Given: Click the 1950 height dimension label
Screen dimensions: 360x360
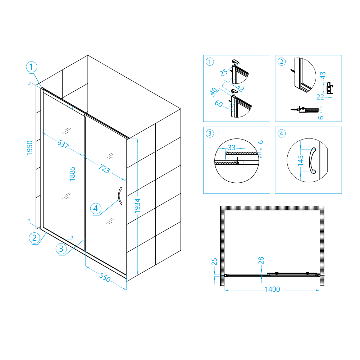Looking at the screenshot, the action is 29,148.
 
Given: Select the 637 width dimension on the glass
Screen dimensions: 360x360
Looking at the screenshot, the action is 63,144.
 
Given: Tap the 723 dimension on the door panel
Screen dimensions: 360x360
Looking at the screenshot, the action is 104,169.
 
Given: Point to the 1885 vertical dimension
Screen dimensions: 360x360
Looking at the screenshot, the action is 72,174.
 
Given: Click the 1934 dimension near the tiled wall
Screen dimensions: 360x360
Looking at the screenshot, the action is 137,206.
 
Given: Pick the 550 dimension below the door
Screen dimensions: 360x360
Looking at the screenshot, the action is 105,277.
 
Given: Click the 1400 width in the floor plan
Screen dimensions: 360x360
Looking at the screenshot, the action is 273,289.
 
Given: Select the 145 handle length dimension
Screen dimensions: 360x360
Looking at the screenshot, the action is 301,160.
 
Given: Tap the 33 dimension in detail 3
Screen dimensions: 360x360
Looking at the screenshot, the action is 232,147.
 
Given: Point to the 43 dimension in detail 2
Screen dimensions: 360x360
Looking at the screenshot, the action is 323,75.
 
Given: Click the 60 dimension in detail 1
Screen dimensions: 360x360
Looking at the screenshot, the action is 219,104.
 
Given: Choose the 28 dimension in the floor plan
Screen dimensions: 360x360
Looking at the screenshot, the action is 261,261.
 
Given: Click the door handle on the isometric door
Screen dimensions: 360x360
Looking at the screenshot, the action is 120,196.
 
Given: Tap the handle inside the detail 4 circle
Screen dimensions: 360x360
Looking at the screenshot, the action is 313,160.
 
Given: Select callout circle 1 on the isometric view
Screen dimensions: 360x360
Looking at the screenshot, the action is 31,67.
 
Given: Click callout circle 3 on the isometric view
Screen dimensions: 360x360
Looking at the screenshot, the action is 61,249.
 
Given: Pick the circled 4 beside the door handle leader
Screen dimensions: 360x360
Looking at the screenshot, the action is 96,209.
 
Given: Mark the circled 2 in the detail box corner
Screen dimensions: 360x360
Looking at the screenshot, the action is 282,62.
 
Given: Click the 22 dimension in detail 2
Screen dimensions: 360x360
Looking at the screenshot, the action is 320,97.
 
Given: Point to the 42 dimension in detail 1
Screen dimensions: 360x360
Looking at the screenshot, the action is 240,88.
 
